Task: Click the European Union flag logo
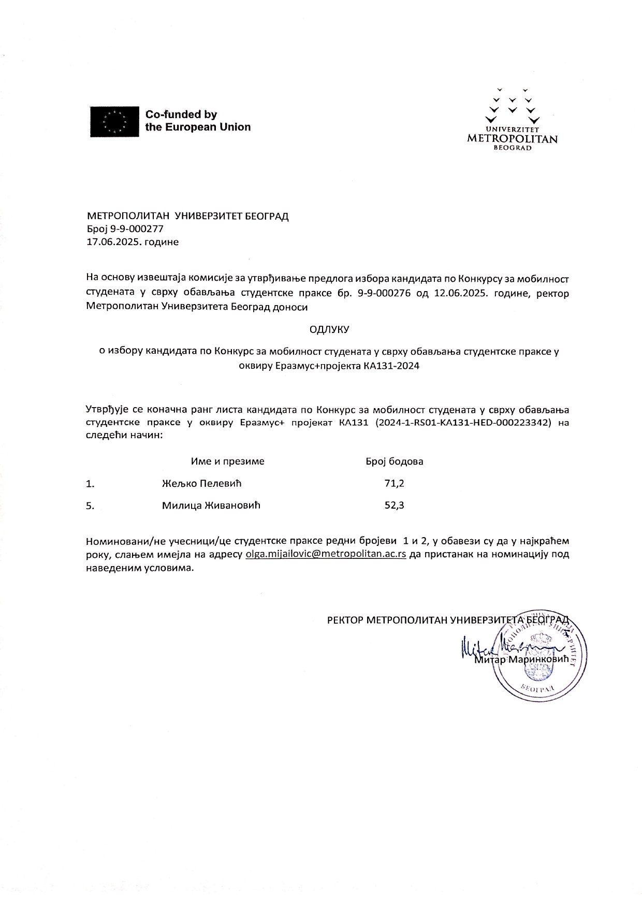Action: click(114, 121)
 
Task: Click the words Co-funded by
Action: click(181, 114)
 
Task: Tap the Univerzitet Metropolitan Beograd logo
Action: click(512, 119)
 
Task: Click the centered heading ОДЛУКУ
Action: click(329, 329)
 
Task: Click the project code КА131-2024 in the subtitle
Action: click(391, 366)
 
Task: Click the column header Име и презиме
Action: click(227, 461)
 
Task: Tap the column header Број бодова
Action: click(394, 461)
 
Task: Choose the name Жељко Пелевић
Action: click(201, 483)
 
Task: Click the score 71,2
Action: click(394, 483)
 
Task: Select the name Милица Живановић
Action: click(211, 506)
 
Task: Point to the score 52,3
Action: click(394, 506)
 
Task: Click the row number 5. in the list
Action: click(90, 506)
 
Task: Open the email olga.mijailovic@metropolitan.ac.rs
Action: click(325, 554)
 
